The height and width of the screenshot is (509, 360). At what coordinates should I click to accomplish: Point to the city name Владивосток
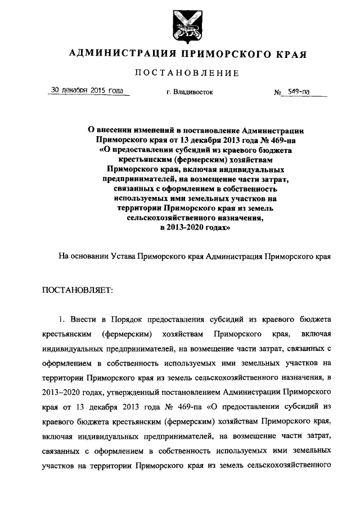click(191, 91)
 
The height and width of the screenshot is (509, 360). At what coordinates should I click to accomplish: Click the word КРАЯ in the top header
click(290, 55)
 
